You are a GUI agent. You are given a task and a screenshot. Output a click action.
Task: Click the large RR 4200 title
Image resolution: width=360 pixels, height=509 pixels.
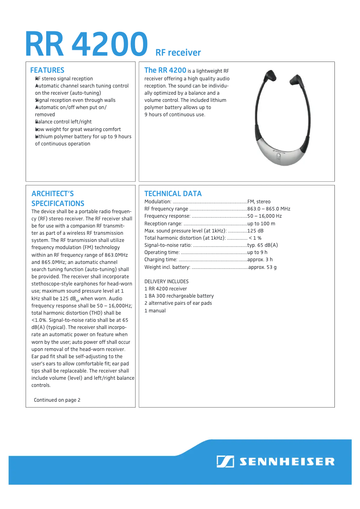(x=86, y=44)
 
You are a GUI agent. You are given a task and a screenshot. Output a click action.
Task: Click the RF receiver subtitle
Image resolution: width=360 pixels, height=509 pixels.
(x=178, y=53)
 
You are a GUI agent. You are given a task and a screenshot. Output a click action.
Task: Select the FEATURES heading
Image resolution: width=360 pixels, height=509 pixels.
(x=47, y=70)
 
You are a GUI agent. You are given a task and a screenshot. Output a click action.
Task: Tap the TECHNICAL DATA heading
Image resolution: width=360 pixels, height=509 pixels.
(x=173, y=193)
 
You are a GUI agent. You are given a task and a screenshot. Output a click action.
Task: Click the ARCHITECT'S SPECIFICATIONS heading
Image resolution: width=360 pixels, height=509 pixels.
(x=57, y=198)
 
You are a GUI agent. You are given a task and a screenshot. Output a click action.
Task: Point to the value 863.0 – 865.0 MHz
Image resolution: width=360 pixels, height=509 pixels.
(x=268, y=209)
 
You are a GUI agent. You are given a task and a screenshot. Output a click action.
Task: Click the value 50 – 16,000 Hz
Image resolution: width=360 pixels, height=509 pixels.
(x=264, y=216)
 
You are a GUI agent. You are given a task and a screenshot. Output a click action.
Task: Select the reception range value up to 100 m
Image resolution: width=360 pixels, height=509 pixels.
(x=261, y=224)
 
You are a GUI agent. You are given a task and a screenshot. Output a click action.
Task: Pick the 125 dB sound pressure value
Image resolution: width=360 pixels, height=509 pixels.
(x=255, y=231)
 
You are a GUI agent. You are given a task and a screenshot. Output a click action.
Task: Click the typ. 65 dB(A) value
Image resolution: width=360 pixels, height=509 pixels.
(x=263, y=245)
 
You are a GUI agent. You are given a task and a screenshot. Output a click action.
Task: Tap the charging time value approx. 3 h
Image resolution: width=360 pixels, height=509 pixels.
(x=260, y=259)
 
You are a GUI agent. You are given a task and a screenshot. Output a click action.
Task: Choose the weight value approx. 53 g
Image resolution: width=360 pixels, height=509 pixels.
(x=262, y=267)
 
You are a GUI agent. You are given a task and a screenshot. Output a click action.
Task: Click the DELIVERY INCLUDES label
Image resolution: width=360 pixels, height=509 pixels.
(x=166, y=281)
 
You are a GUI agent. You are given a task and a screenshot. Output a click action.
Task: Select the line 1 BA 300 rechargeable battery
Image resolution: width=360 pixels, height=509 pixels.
(x=179, y=296)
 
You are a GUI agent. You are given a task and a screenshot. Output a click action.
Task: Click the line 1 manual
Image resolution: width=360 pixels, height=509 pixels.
(x=155, y=311)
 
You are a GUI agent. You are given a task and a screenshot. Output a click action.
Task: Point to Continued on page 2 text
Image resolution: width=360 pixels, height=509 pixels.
(x=57, y=400)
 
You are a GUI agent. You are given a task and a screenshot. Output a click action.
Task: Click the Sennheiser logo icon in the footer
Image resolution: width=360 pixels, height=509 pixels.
(x=225, y=461)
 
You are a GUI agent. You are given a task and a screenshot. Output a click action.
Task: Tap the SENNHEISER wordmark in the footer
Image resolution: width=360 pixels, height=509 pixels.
(x=287, y=461)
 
